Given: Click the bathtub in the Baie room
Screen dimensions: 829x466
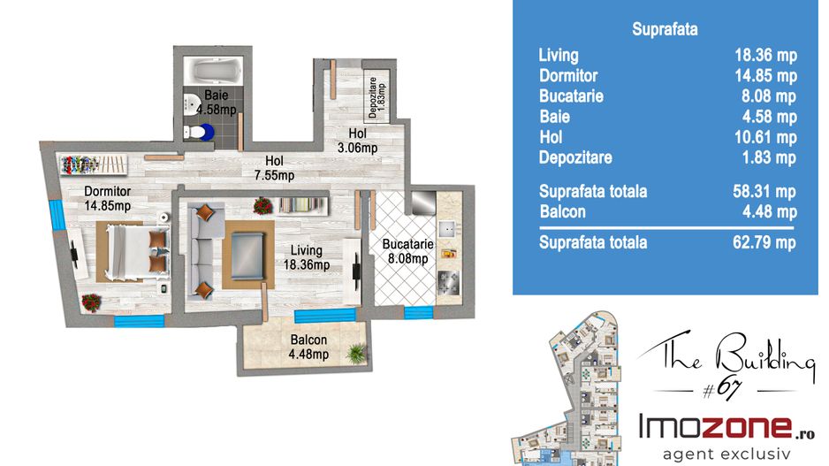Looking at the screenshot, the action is [213, 71].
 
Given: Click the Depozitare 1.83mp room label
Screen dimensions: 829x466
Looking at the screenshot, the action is [376, 96].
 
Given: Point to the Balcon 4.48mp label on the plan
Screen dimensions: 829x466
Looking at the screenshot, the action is [308, 347].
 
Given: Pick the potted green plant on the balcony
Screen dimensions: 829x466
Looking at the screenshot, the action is [356, 353].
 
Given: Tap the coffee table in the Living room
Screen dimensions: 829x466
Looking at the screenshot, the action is [247, 256].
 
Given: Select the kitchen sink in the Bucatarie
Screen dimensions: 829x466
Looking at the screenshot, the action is [447, 228].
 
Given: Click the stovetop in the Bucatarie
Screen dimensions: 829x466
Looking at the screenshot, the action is [448, 282].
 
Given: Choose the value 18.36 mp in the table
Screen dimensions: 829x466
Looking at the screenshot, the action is [765, 55].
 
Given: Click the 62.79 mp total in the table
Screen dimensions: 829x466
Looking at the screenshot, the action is [764, 242].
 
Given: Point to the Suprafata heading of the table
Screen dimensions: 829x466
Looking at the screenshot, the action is [665, 29].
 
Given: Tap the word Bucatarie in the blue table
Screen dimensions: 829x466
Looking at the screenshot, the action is [571, 95].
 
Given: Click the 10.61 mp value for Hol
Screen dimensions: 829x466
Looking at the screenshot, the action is [765, 138].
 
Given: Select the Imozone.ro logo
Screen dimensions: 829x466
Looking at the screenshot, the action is [726, 427].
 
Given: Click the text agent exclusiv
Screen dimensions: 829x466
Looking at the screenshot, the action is [726, 454].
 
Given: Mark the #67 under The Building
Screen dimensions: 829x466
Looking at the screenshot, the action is [723, 390].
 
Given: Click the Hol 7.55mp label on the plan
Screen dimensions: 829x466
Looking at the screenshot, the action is [274, 168].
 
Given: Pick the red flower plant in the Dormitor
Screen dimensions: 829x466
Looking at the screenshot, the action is [91, 303].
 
